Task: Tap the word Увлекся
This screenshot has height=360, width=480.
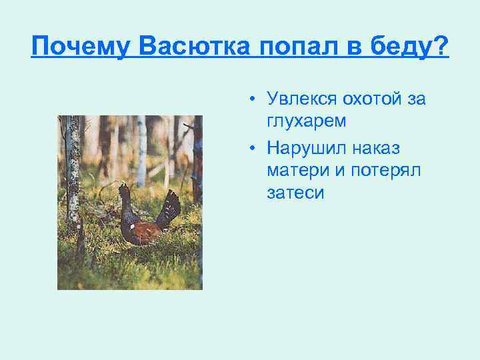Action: pos(299,100)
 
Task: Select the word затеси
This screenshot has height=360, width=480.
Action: pos(295,193)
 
